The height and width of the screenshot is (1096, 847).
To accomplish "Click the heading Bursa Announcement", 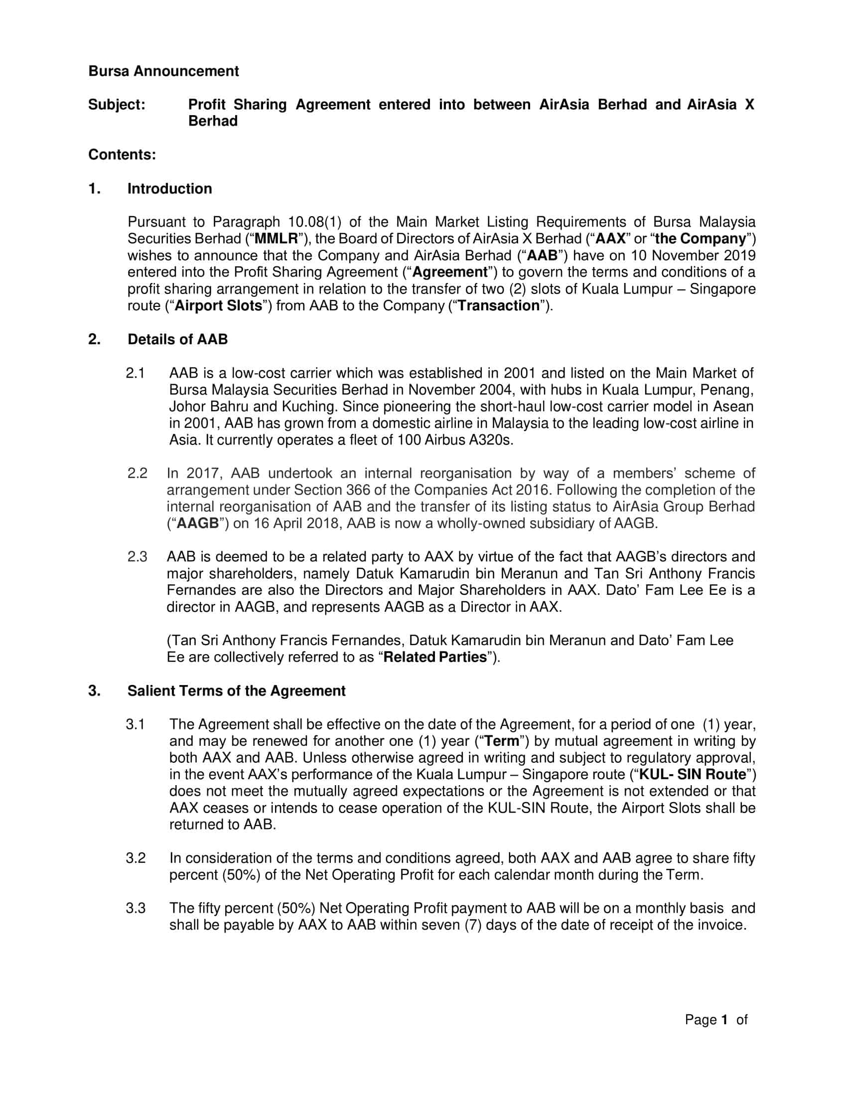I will pos(163,71).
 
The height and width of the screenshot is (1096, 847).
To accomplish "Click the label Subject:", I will pos(117,105).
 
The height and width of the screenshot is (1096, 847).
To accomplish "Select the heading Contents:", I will pos(122,154).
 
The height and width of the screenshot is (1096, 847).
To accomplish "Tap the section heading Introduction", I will pos(169,189).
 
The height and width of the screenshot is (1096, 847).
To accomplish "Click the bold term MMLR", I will pos(276,238).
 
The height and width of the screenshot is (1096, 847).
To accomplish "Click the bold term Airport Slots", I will pos(218,305).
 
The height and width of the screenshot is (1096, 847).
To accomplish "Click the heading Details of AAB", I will pos(177,339).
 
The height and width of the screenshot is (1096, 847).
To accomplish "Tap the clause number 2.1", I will pos(136,373).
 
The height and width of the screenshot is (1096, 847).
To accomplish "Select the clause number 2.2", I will pos(137,473).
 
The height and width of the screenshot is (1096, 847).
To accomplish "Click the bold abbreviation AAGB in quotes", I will pos(198,524).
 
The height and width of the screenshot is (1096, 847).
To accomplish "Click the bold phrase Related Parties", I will pos(434,657).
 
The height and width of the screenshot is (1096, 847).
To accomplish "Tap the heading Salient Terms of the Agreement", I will pos(236,690).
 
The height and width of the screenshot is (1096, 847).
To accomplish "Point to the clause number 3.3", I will pos(136,908).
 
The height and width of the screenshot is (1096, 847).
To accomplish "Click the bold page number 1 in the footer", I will pos(724,1019).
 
